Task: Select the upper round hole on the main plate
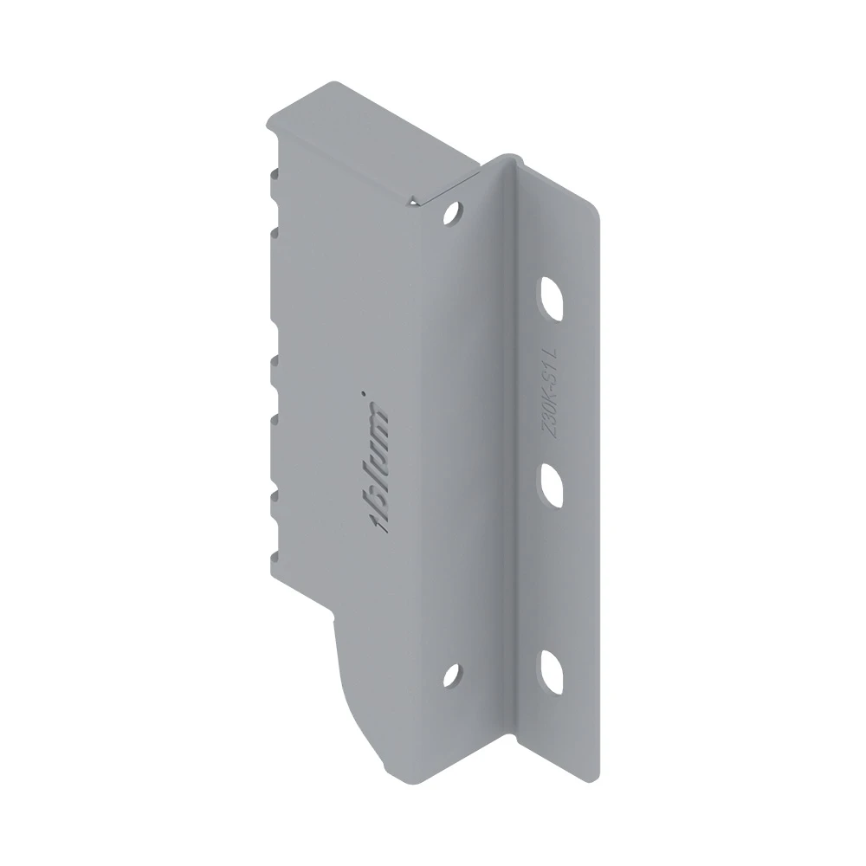click(x=453, y=213)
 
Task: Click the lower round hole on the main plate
click(x=453, y=675)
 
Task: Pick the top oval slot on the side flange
click(x=552, y=298)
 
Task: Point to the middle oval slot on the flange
click(x=552, y=486)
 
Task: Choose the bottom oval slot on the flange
click(x=552, y=672)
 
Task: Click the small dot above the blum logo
click(x=363, y=394)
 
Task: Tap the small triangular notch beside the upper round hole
click(x=413, y=200)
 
